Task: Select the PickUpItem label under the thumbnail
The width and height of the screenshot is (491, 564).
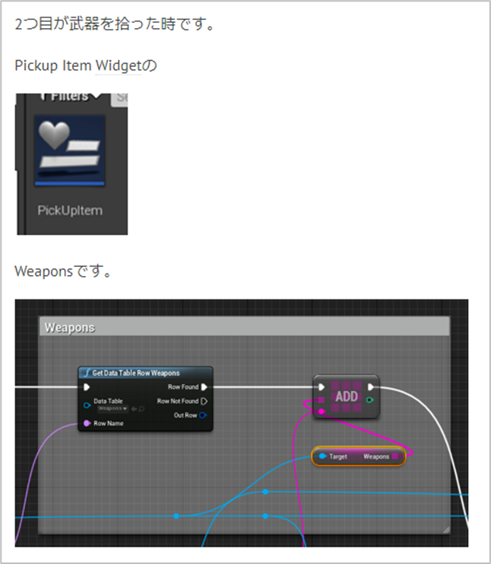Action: pos(70,210)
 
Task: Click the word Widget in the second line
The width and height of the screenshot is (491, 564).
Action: pos(118,65)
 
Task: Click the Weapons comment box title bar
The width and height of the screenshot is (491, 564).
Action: pos(243,327)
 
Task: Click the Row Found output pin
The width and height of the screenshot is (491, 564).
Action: pos(204,387)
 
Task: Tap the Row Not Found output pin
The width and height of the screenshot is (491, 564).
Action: pos(204,401)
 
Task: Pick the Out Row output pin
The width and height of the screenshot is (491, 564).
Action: pos(204,415)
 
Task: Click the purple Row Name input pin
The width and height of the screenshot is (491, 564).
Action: pos(87,423)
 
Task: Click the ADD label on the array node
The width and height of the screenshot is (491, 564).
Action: pos(347,396)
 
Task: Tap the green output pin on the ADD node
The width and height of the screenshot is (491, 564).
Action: pos(369,400)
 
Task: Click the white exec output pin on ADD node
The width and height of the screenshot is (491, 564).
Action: pos(370,387)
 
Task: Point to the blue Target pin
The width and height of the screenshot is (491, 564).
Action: pos(323,457)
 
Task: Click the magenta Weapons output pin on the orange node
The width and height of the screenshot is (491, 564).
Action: pos(395,457)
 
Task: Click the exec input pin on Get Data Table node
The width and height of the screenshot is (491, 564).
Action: pos(87,387)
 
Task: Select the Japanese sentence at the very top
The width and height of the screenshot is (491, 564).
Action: pos(115,24)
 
